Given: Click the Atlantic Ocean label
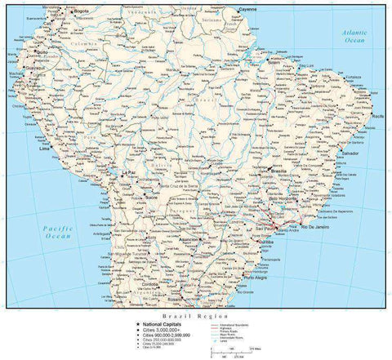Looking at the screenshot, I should [x=354, y=34].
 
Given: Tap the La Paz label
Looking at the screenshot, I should [x=128, y=174].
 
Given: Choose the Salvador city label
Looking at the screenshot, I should [x=350, y=153].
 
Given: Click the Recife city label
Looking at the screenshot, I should [x=377, y=118].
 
